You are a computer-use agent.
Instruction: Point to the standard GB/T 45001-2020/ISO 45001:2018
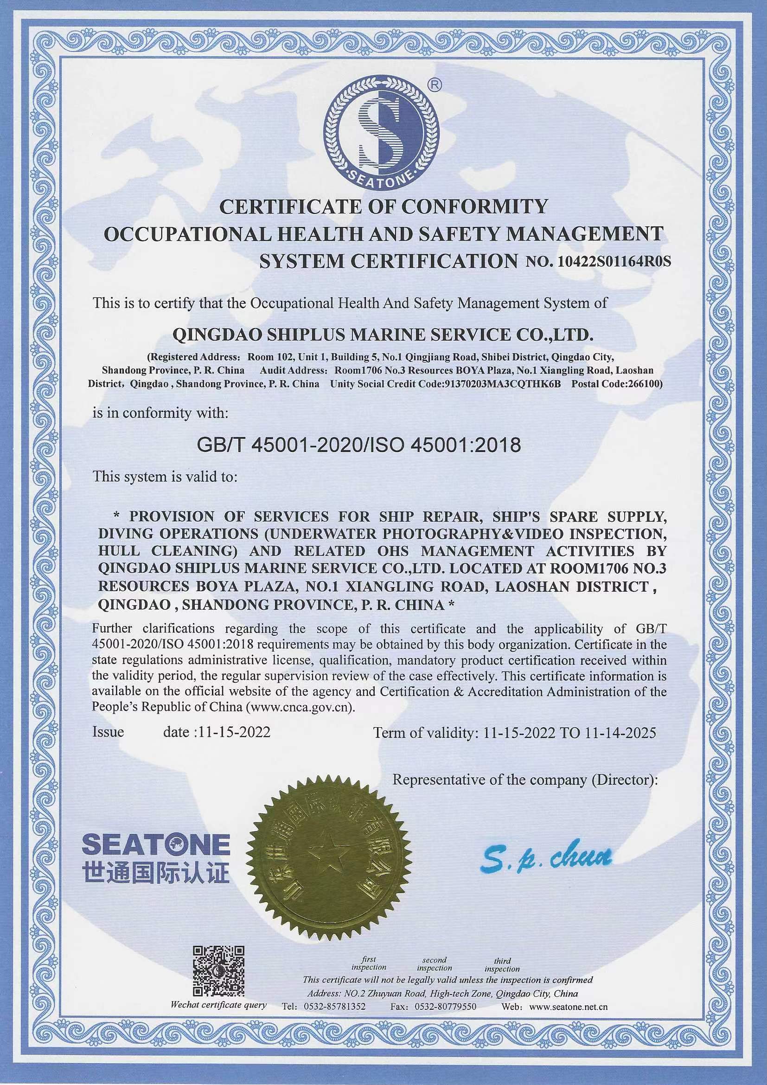359,445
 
